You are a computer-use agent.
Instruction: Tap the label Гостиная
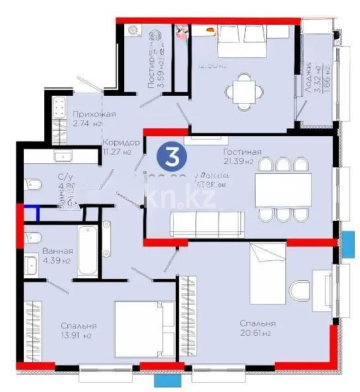point(242,152)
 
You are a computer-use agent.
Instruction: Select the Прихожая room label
point(94,114)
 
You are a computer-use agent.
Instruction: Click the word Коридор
point(121,142)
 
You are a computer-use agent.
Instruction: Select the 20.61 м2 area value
point(258,333)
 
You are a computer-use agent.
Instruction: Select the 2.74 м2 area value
point(89,124)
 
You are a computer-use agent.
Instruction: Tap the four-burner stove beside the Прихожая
point(58,108)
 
